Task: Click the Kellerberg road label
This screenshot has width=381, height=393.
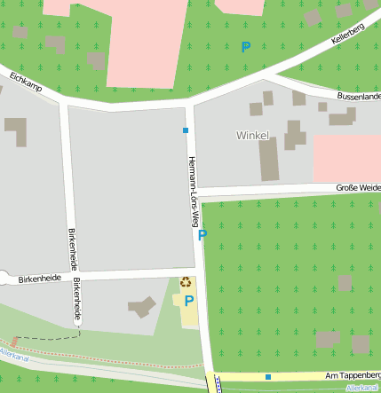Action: click(348, 35)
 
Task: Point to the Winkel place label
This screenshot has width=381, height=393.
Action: click(252, 135)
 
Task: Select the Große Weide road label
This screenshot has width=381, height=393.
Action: click(358, 187)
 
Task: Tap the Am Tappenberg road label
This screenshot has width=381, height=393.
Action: click(353, 376)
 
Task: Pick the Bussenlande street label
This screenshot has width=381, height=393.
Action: click(359, 95)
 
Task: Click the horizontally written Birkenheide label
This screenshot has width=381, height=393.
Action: click(39, 278)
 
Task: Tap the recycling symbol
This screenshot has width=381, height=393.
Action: click(186, 282)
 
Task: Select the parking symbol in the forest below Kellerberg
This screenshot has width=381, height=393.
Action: click(246, 47)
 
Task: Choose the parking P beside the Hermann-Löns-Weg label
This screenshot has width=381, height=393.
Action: click(202, 235)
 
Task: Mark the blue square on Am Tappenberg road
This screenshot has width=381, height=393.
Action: click(267, 376)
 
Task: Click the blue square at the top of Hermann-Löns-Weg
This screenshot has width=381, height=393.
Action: click(186, 130)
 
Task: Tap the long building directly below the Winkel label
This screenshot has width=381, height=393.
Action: click(268, 159)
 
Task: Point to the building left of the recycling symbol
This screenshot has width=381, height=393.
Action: click(142, 308)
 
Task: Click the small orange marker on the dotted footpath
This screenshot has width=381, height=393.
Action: click(15, 341)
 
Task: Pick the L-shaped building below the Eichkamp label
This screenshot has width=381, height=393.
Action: click(17, 130)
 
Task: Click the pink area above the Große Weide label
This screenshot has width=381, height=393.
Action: click(347, 157)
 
